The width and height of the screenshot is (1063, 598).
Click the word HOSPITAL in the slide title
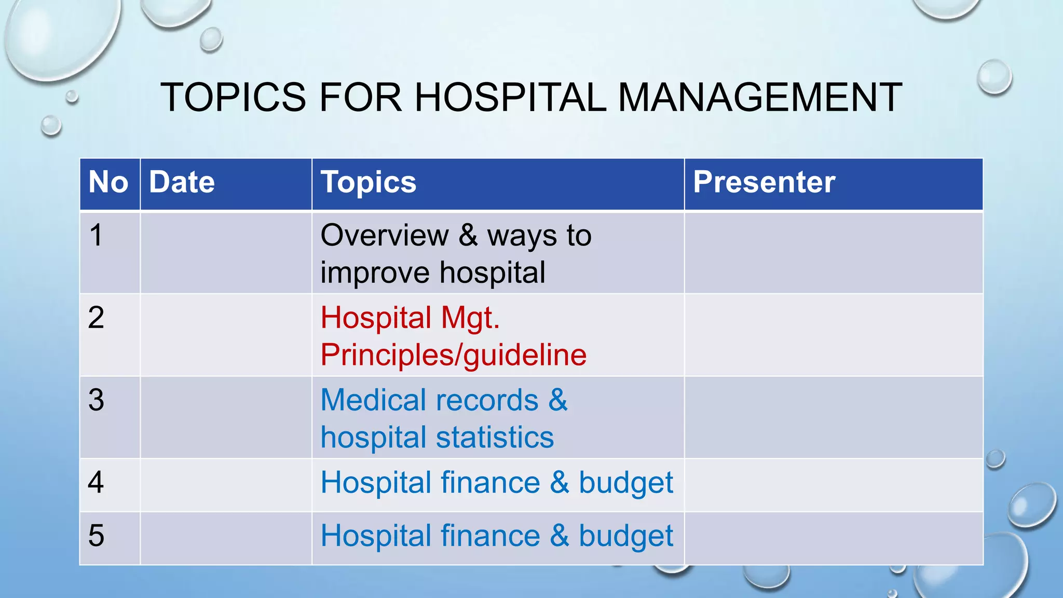510,97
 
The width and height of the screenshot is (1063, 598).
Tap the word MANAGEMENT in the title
760,97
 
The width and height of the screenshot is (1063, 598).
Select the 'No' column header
108,182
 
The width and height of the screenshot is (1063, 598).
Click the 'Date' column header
182,182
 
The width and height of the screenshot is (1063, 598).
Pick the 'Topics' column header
369,182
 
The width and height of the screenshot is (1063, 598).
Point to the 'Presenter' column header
764,182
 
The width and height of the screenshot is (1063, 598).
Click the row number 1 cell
97,235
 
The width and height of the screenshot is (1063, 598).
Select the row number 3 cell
97,400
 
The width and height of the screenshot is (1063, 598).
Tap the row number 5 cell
97,536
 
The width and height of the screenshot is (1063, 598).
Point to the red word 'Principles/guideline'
454,355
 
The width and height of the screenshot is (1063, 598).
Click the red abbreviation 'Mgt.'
470,318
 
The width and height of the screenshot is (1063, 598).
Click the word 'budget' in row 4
625,483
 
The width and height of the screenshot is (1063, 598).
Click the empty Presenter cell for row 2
833,335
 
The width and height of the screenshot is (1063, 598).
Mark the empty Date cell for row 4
226,485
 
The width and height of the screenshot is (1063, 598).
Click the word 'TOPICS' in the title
234,97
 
